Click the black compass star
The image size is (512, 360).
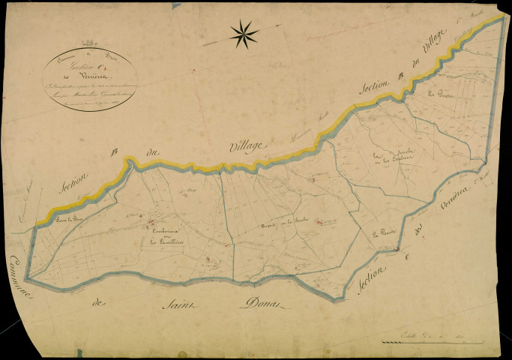(244, 32)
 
